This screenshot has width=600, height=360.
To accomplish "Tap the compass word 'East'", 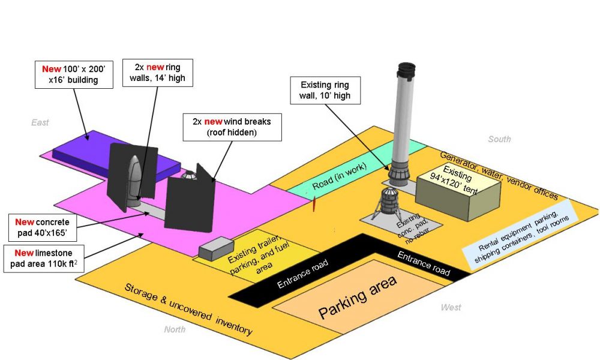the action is (40, 122).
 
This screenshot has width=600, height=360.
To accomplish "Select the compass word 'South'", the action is (499, 139).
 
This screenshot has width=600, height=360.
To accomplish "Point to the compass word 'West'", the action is (451, 307).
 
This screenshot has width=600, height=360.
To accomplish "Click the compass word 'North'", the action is (175, 329).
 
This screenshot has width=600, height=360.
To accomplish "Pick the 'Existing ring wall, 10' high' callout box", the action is (325, 90).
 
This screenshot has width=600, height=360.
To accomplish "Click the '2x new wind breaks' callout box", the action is (232, 127).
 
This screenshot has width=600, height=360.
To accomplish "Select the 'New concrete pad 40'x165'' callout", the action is (43, 227).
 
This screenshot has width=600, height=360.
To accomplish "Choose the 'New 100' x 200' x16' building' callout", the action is (74, 74).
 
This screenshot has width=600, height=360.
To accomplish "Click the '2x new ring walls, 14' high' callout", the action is (157, 73).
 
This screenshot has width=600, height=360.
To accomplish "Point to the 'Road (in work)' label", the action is (340, 176).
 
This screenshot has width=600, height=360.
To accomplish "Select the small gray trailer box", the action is (216, 248).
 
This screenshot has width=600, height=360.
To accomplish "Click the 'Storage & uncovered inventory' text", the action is (188, 310).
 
